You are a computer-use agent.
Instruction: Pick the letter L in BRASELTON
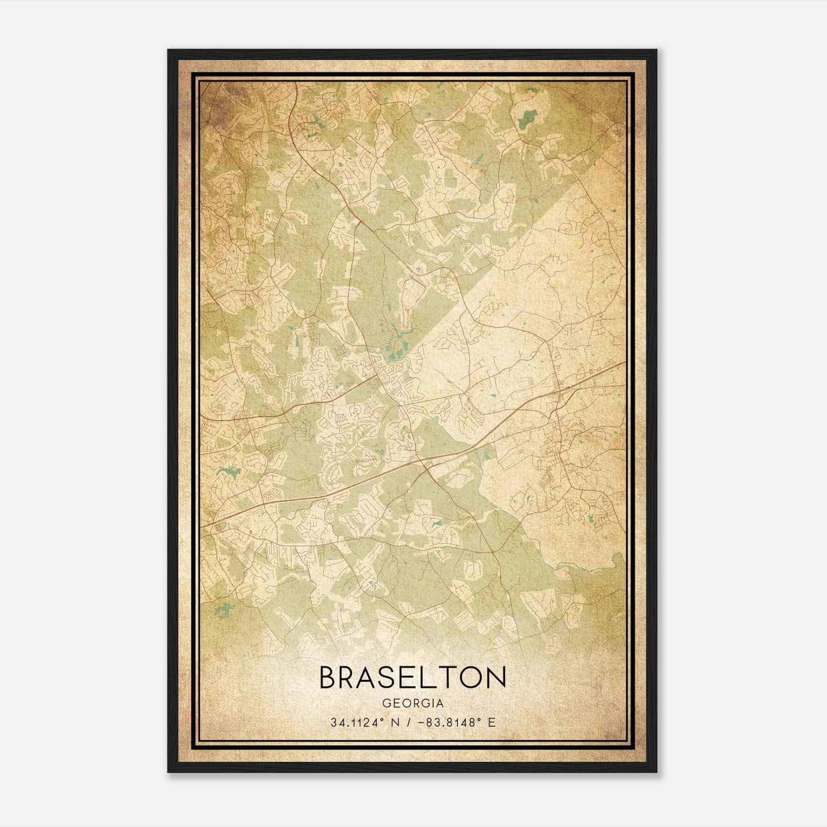point(431,677)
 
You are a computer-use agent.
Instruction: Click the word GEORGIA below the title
point(413,703)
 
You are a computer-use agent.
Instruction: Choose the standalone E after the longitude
point(492,723)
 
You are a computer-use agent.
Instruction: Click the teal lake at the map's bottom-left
point(223,610)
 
